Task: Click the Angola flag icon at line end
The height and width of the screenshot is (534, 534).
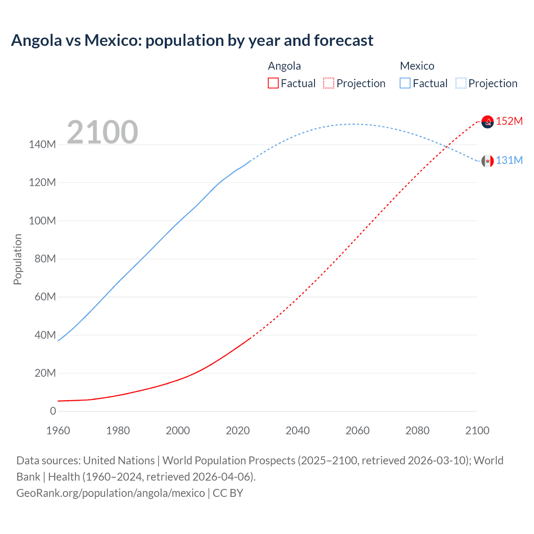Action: coord(487,121)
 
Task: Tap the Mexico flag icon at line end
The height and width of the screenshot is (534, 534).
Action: coord(487,161)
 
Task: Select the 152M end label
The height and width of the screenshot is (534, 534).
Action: coord(509,121)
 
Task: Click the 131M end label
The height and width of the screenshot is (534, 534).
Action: coord(509,160)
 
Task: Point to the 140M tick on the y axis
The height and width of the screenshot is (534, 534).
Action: coord(42,145)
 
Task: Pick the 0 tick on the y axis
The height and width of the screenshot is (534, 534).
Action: coord(53,411)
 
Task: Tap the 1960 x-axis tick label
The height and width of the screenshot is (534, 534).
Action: coord(58,431)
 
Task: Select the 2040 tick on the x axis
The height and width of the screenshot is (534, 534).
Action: coord(297,431)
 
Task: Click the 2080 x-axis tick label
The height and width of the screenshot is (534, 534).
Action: coord(417,431)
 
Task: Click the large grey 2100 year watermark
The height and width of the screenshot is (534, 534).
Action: coord(102,132)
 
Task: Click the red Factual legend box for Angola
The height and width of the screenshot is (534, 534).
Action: coord(273,83)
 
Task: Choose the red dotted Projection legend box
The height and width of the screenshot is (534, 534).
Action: coord(329,83)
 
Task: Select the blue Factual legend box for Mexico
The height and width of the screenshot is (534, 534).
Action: coord(405,83)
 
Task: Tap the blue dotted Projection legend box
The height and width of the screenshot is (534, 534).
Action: coord(461,83)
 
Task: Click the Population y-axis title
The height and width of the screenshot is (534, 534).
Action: coord(18,259)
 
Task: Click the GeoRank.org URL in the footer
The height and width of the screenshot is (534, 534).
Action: coord(111,493)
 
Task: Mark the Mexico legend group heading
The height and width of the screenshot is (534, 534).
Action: coord(417,66)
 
